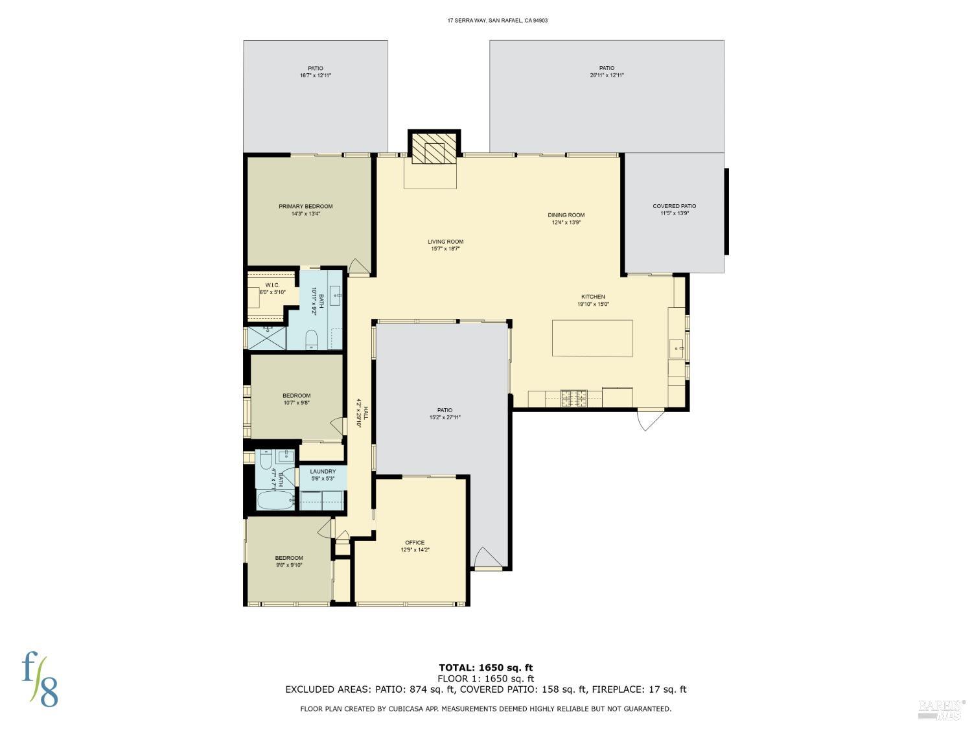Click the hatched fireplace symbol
[x=432, y=149]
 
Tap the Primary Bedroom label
[x=305, y=207]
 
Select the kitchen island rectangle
[x=592, y=338]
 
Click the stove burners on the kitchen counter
[x=573, y=398]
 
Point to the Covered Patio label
[x=674, y=206]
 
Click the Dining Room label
[x=566, y=215]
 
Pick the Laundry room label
[x=323, y=472]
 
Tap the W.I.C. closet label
[x=272, y=285]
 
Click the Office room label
[x=415, y=542]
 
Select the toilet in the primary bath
[x=311, y=338]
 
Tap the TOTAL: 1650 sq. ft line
[x=485, y=667]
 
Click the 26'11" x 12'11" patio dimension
[x=607, y=75]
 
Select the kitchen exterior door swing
[x=650, y=419]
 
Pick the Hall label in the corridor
[x=365, y=413]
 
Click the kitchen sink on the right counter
[x=677, y=348]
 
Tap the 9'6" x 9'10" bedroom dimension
[x=288, y=565]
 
